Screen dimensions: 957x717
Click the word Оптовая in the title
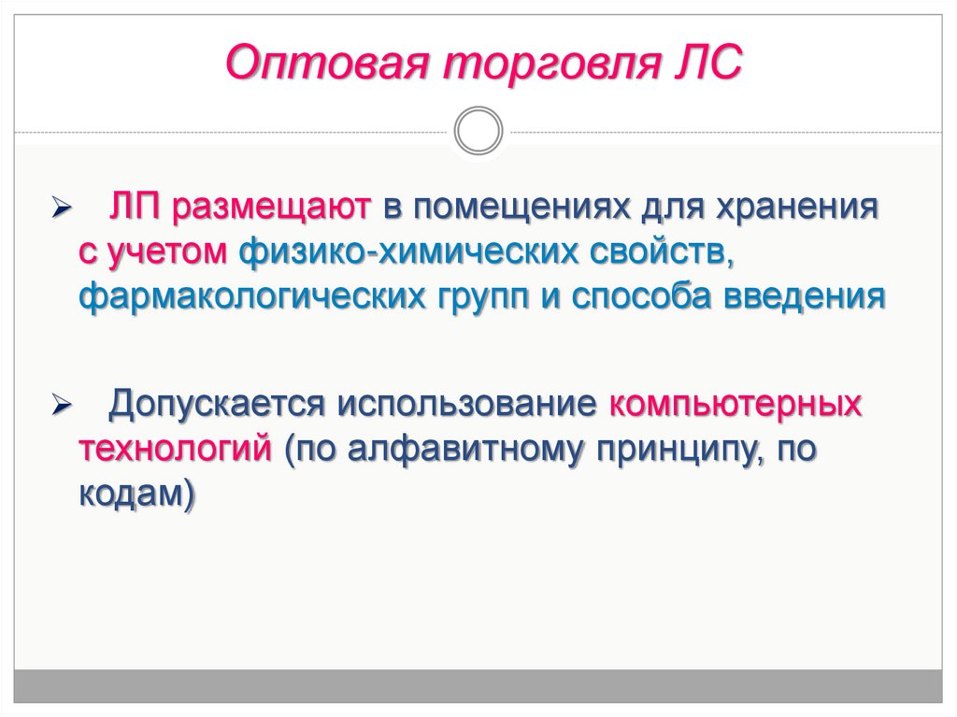327,64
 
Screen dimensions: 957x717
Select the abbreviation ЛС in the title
707,63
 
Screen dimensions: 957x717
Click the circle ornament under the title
478,131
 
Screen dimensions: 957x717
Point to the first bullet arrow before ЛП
62,208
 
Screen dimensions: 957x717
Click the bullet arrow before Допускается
62,405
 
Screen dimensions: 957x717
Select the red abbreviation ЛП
135,207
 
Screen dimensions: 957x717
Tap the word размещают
271,208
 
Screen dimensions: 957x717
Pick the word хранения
797,208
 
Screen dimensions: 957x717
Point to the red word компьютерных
736,404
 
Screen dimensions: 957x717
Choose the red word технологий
175,449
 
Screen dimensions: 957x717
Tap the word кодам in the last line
131,493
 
